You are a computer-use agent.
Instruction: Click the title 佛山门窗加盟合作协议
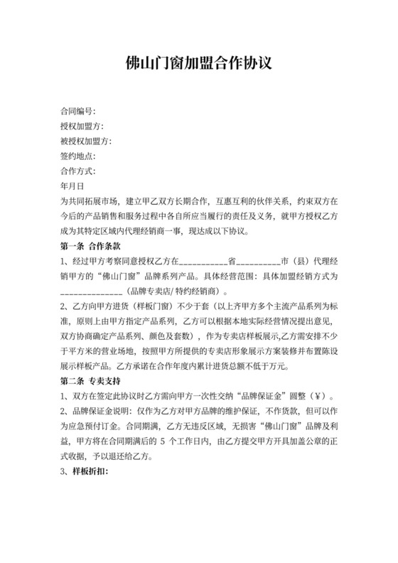pyautogui.click(x=199, y=63)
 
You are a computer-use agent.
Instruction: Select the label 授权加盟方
pyautogui.click(x=82, y=127)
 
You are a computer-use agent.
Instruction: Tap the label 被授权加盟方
pyautogui.click(x=86, y=141)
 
